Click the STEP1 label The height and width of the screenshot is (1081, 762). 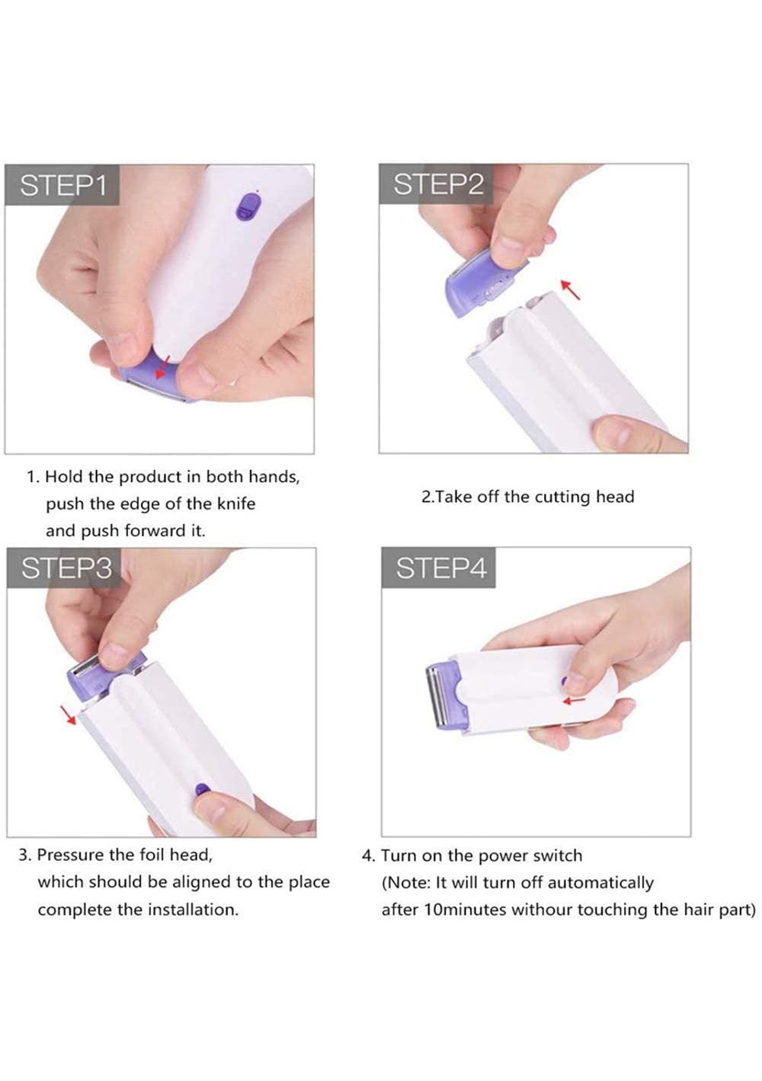coord(62,185)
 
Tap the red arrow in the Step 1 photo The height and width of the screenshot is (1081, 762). coord(162,366)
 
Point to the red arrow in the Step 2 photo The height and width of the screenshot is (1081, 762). coord(570,289)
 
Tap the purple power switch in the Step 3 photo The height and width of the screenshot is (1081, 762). coord(202,789)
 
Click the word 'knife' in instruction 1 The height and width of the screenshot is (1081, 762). coord(236,504)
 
